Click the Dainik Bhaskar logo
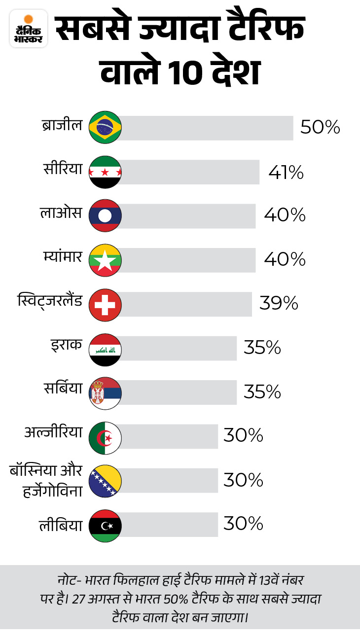29,28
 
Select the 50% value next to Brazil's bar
320,128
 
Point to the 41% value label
286,172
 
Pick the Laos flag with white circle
105,215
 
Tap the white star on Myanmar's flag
105,261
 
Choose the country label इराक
67,345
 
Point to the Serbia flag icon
105,393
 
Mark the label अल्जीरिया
53,432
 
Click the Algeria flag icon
105,437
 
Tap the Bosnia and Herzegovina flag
105,481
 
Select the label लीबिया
61,525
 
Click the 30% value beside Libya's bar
243,524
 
